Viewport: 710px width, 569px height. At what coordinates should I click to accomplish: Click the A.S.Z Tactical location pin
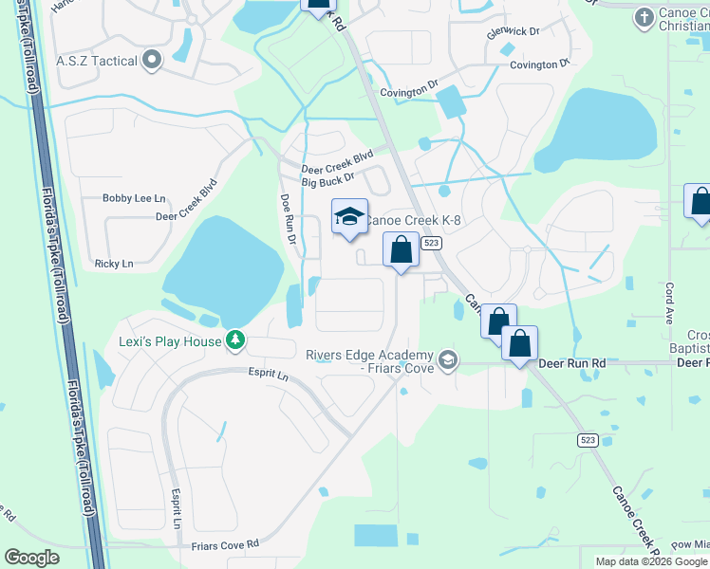tap(152, 62)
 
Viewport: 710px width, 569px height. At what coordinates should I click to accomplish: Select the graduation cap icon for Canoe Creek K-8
tap(349, 217)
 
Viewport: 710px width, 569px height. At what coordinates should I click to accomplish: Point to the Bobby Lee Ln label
tap(134, 198)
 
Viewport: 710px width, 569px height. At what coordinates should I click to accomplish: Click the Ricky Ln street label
tap(114, 263)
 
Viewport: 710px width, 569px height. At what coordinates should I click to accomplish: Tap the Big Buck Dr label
tap(327, 178)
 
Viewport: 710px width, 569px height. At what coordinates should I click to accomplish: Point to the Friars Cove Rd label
tap(225, 544)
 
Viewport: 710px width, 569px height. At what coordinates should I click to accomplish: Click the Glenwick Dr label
tap(512, 31)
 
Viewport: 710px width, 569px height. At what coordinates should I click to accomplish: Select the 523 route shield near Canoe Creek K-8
tap(432, 244)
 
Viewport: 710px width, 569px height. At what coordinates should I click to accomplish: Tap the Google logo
tap(32, 558)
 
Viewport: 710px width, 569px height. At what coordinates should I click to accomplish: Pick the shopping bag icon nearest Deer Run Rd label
tap(519, 344)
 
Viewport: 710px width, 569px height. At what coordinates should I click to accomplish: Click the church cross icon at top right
tap(645, 16)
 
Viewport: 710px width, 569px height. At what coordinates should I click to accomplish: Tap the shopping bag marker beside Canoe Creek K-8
tap(402, 250)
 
